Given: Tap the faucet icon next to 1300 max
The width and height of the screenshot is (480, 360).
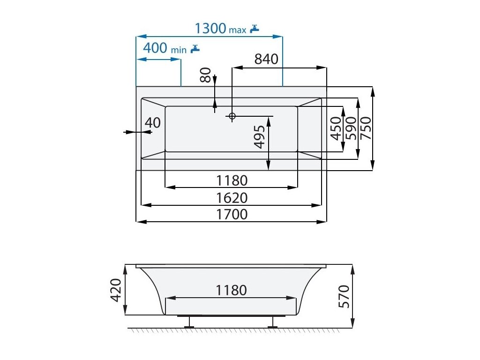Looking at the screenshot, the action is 255,29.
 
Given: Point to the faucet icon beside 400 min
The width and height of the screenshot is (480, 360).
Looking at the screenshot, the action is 195,48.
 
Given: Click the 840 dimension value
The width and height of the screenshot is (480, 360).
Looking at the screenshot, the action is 266,59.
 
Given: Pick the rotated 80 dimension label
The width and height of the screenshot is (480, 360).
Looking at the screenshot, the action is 206,75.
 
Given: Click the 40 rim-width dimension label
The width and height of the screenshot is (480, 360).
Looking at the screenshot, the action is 153,123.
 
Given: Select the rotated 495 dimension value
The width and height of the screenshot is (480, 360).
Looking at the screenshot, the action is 260,137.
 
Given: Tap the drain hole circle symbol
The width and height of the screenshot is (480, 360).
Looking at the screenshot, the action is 232,116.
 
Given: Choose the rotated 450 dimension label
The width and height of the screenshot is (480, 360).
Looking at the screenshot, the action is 336,128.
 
